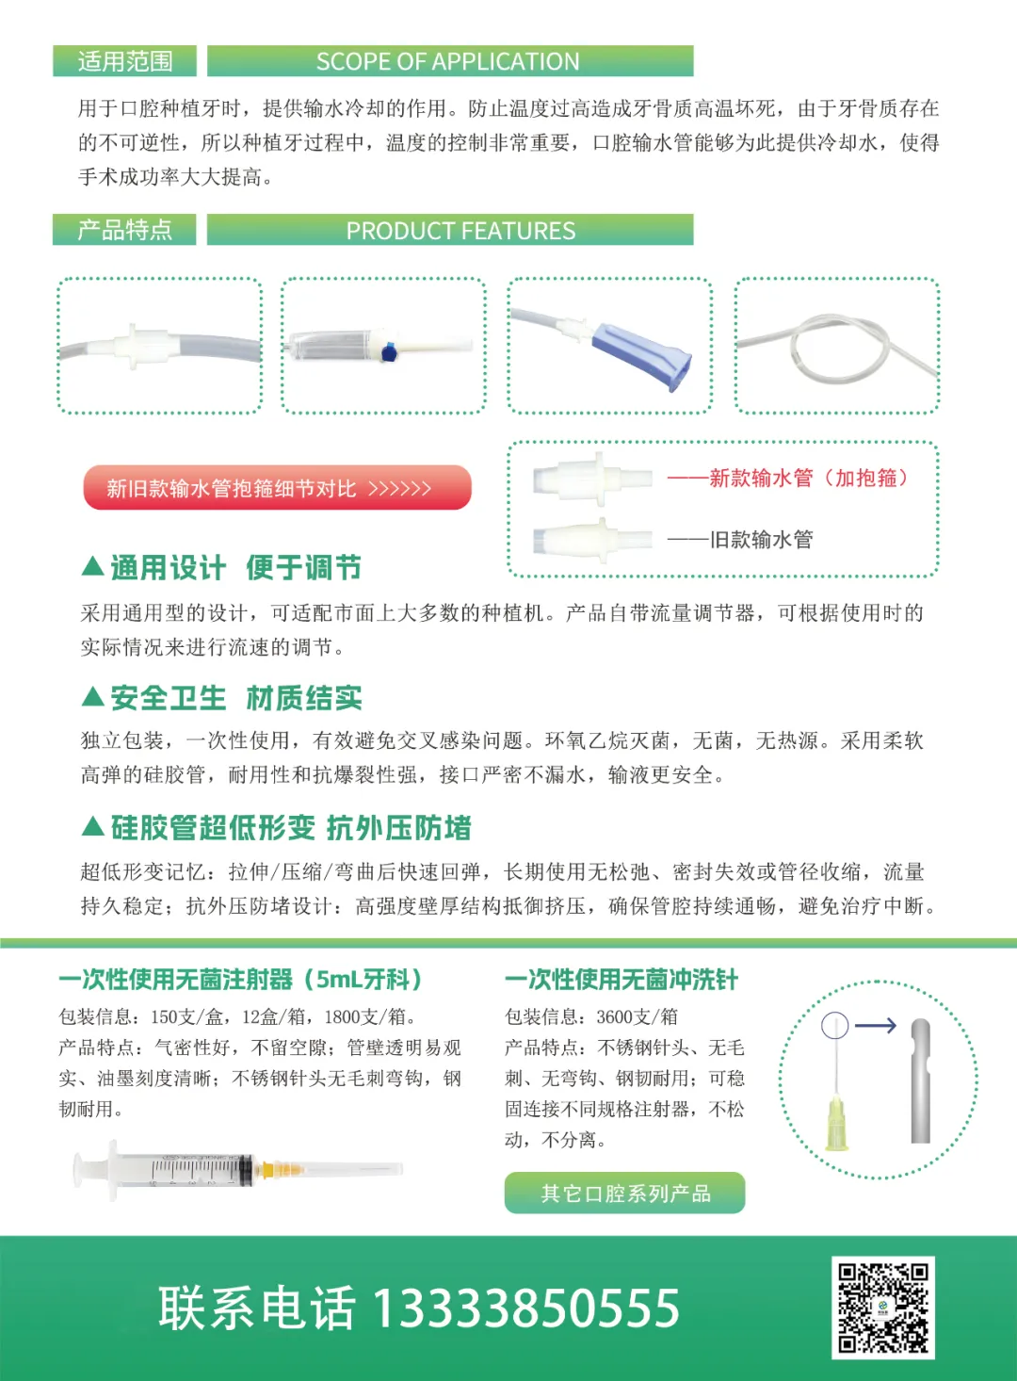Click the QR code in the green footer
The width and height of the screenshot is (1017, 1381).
point(882,1308)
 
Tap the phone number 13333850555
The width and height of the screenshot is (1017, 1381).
point(525,1308)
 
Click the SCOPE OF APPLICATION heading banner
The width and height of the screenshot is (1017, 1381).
point(450,61)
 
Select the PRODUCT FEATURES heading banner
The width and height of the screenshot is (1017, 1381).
point(450,230)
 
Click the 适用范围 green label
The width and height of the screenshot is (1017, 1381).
point(124,61)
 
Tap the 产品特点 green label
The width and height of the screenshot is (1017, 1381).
point(124,230)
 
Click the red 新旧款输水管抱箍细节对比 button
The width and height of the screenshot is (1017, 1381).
point(278,488)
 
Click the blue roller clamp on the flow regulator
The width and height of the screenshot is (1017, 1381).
point(390,351)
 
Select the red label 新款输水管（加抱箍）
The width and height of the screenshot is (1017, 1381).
point(788,478)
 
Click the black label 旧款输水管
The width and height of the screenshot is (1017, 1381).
point(740,540)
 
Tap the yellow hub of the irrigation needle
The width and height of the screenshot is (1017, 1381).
point(836,1124)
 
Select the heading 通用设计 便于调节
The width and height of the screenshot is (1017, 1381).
point(236,568)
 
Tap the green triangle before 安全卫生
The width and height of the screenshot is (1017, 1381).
point(92,697)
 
